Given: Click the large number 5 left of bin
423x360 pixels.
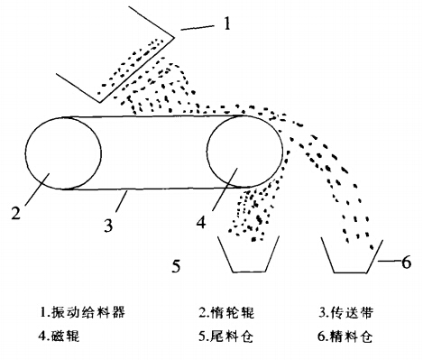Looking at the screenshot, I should tap(177, 265).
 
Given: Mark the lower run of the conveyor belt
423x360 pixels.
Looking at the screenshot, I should tap(153, 189).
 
